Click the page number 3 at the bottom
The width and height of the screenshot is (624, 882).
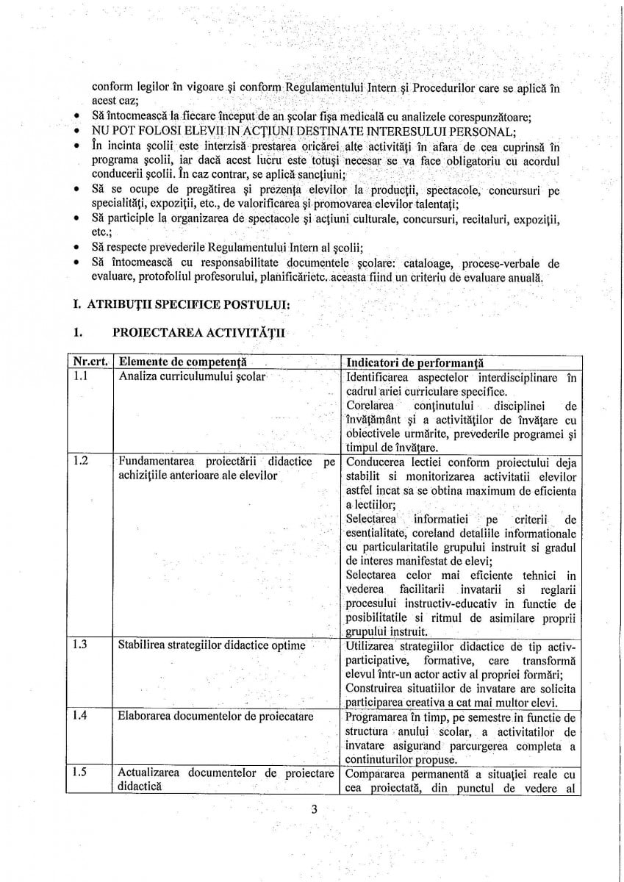pyautogui.click(x=313, y=811)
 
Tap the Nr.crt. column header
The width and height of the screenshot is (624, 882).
pyautogui.click(x=92, y=362)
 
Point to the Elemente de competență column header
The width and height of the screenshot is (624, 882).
pyautogui.click(x=182, y=362)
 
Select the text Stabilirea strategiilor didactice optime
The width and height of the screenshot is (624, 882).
pyautogui.click(x=212, y=646)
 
